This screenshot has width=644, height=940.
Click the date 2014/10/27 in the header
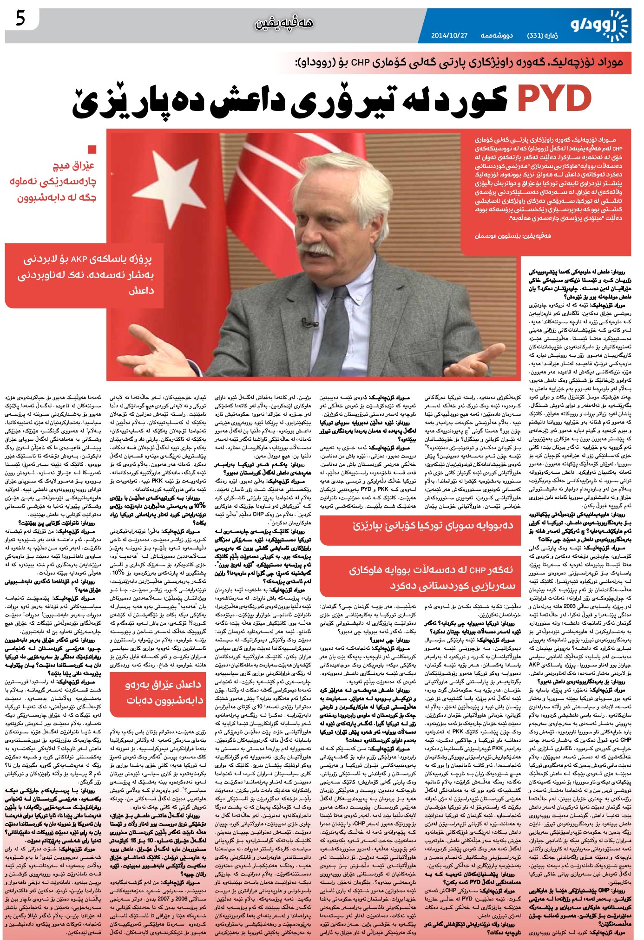[x=448, y=35]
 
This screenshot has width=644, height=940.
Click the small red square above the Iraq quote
[x=92, y=150]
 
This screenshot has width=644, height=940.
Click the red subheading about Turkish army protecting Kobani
[x=433, y=525]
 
